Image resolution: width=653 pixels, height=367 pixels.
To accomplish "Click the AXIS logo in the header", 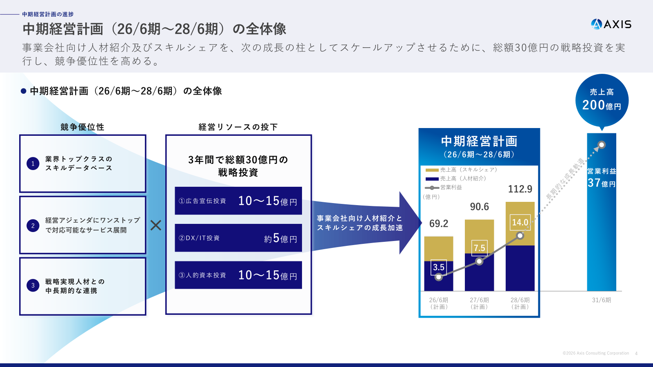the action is tap(611, 24).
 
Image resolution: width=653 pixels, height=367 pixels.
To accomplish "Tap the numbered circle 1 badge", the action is tap(33, 164).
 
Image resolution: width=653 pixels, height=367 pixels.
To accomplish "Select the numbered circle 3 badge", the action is tap(33, 285).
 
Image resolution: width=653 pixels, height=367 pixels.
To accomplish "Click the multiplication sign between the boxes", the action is tap(155, 225).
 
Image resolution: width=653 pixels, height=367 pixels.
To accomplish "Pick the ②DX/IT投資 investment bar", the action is tap(238, 238).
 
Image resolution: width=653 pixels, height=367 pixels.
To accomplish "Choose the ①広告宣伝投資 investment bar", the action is tap(238, 201).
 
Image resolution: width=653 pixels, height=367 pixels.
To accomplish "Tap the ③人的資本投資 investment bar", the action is tap(238, 275).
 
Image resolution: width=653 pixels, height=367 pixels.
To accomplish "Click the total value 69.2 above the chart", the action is tap(438, 223).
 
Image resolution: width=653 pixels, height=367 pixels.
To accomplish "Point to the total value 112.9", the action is tap(520, 189).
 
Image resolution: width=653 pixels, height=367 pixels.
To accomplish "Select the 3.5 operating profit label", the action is tap(438, 267).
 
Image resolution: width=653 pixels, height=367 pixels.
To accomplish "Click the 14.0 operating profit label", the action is tap(520, 223).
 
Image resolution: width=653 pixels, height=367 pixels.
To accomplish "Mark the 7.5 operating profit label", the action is tap(479, 248).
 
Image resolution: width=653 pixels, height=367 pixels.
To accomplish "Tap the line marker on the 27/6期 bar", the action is tap(479, 261).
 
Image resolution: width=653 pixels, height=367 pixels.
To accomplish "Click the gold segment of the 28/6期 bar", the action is tap(520, 224).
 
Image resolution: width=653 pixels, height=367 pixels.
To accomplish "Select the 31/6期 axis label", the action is tap(602, 300).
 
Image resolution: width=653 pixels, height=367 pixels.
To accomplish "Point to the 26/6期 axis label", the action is tap(438, 303).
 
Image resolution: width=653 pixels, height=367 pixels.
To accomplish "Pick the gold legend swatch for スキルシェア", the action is tap(432, 170).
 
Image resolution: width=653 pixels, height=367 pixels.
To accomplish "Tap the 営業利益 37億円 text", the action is tap(602, 178).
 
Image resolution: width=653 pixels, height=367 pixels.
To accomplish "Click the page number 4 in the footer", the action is tap(636, 353).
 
